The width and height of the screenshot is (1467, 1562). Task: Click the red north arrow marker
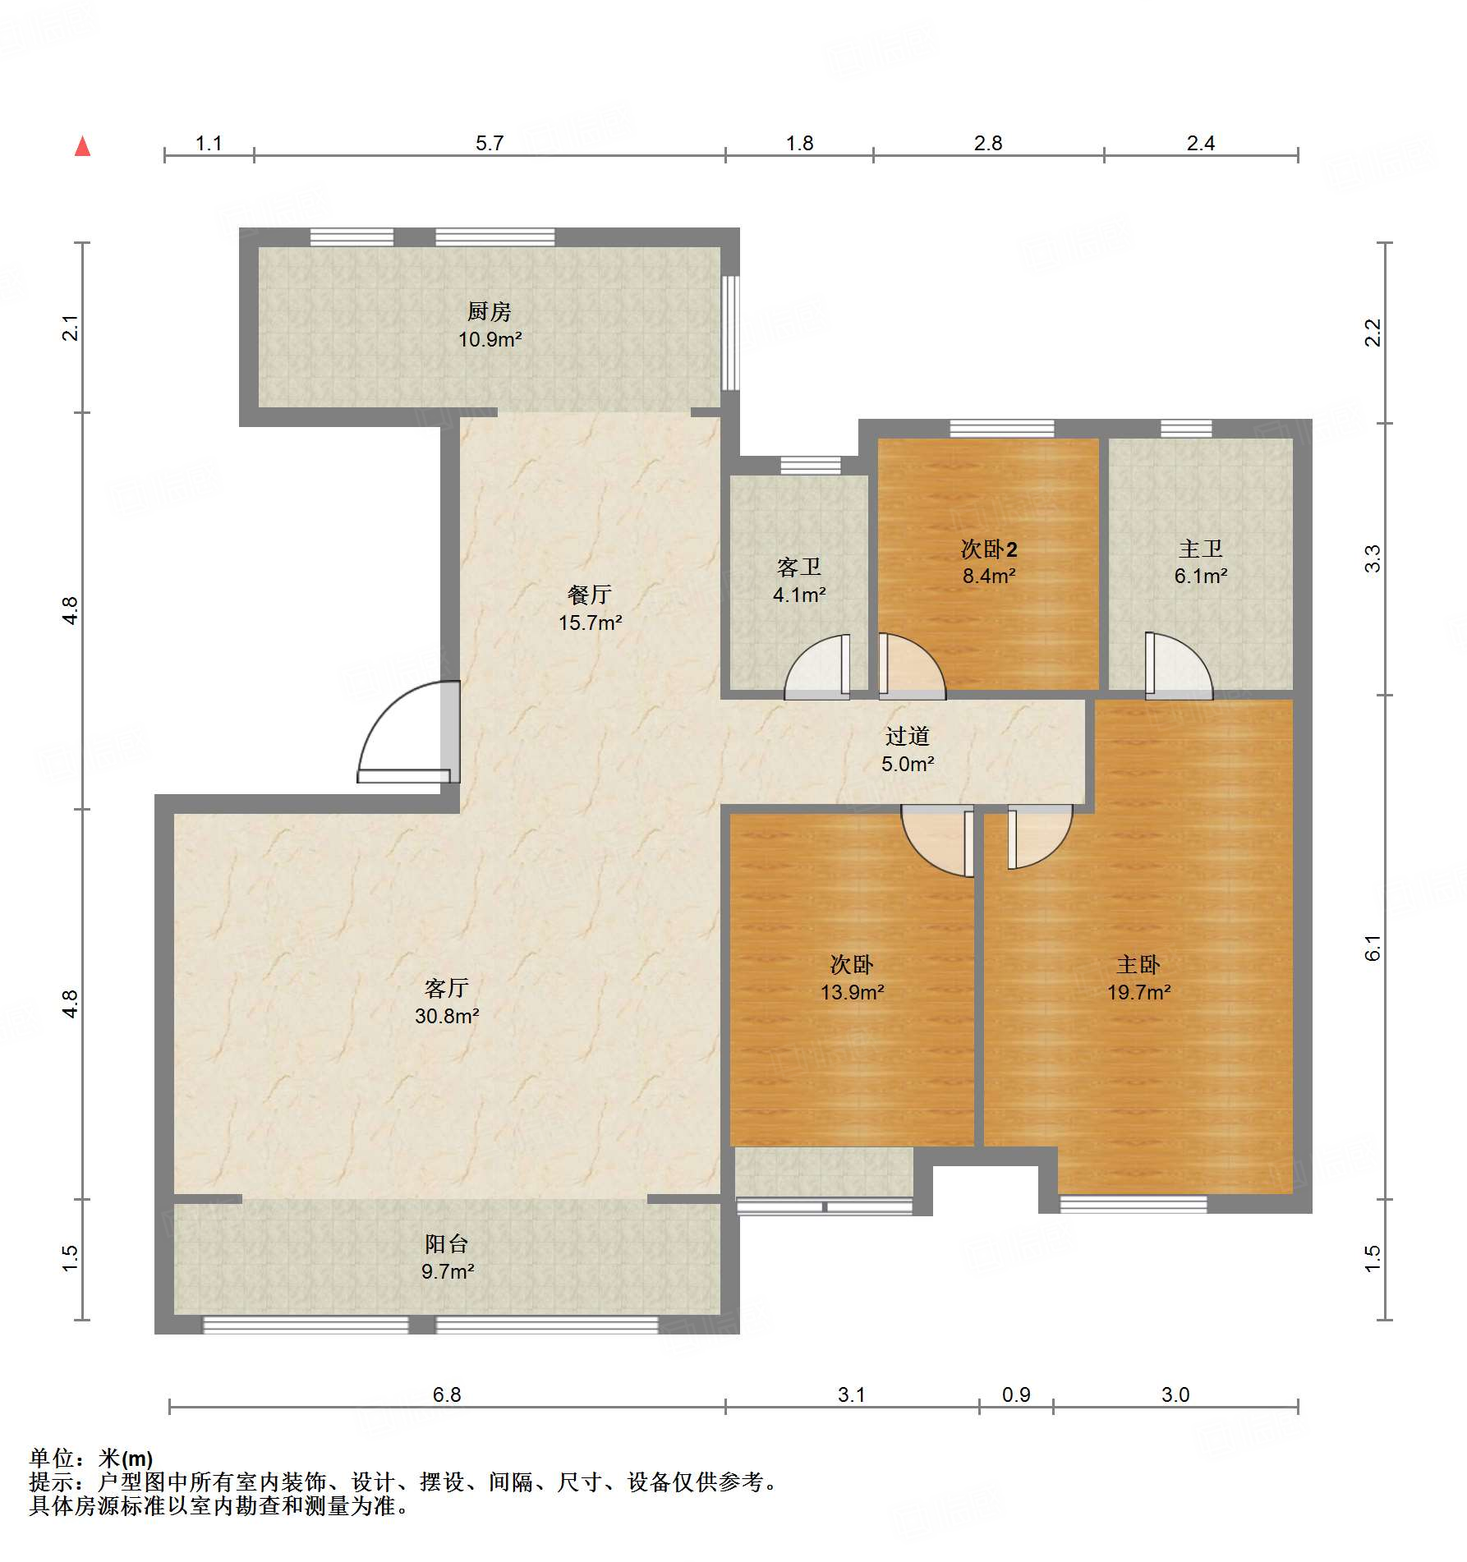[82, 147]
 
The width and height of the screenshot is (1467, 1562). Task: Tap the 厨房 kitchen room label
[490, 311]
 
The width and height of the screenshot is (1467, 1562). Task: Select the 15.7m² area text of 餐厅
[590, 623]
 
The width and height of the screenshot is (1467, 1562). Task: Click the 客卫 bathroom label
[798, 567]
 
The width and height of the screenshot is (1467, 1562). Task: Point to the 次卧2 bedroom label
[989, 549]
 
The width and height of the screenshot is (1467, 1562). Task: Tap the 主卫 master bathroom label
[1200, 549]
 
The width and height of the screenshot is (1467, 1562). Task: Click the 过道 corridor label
[908, 736]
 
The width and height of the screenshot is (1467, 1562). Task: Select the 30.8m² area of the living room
[447, 1016]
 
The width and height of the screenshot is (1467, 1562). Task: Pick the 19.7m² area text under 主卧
[1138, 992]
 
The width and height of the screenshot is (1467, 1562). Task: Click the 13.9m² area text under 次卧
[852, 992]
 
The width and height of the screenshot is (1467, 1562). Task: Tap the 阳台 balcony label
[447, 1243]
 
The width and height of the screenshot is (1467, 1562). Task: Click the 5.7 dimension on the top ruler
[490, 144]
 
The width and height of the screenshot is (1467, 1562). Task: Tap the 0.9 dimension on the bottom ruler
[1016, 1394]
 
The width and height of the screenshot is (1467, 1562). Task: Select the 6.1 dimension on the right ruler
[1373, 947]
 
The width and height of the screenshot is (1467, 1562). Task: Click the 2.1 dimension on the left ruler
[71, 328]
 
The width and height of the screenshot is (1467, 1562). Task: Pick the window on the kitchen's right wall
[729, 333]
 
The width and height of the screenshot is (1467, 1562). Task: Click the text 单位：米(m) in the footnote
[91, 1458]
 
